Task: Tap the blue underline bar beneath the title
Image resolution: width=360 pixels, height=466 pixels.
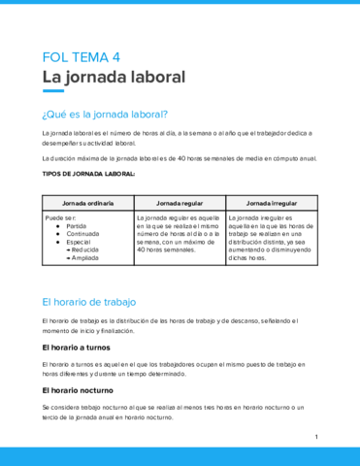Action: coord(54,91)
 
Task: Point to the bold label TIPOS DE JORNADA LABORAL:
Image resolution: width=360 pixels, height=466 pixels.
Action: coord(89,174)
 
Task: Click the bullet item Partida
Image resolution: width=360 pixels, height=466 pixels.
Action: coord(79,226)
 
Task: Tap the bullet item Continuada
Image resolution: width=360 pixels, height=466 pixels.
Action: coord(84,234)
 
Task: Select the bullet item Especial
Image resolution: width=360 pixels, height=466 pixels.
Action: coord(81,242)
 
